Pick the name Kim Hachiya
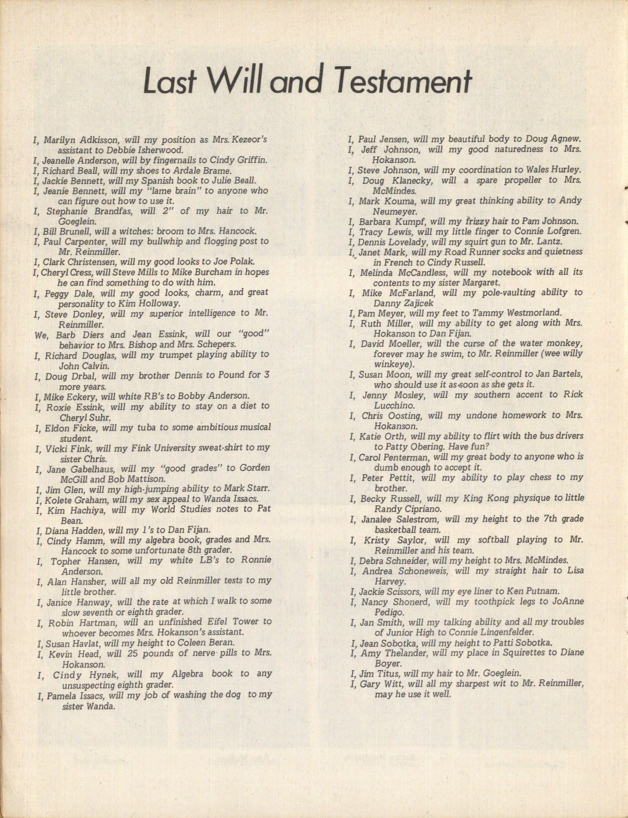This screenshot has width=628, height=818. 73,509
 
